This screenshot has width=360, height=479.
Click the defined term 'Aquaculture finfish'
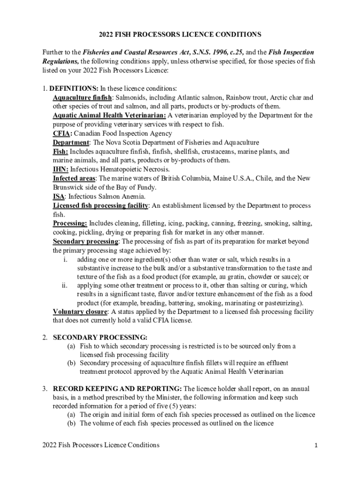[x=82, y=98]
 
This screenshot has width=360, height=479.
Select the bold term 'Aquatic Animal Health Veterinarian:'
[x=109, y=116]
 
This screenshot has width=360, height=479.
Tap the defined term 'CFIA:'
[x=63, y=133]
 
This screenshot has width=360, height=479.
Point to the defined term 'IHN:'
[x=61, y=169]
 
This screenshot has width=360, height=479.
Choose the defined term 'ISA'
[x=58, y=196]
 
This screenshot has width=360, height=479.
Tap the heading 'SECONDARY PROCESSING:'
[x=100, y=337]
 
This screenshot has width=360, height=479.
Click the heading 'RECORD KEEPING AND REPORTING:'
[x=118, y=389]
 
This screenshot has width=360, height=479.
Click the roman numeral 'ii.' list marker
[x=65, y=285]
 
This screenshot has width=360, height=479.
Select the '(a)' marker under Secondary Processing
[x=71, y=346]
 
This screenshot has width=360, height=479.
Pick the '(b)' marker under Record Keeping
[x=71, y=424]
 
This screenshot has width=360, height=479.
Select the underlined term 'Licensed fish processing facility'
[x=101, y=206]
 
